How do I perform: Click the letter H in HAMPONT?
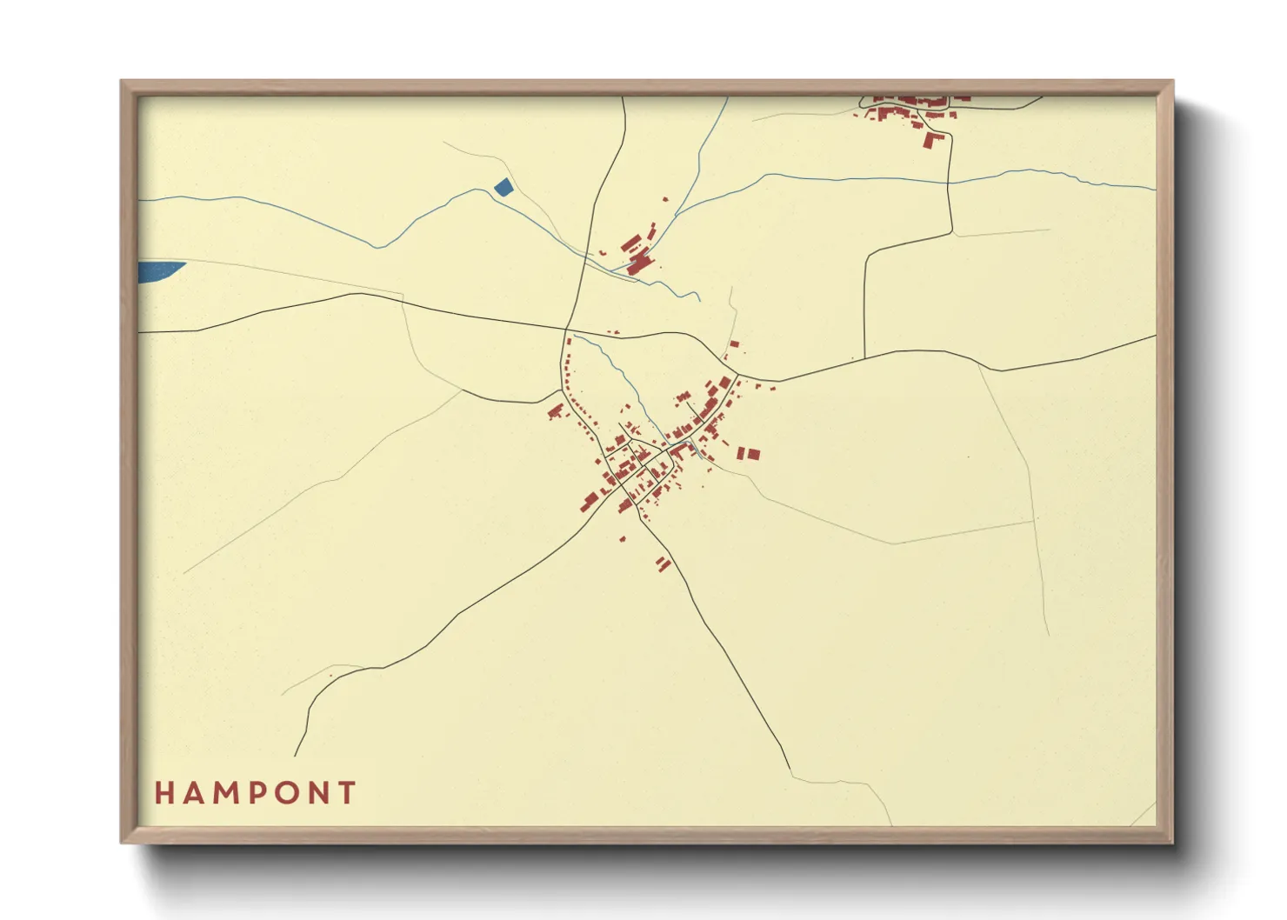pyautogui.click(x=163, y=793)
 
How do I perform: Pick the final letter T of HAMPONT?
pyautogui.click(x=348, y=793)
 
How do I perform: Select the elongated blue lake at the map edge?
pyautogui.click(x=160, y=270)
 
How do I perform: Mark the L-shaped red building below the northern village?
pyautogui.click(x=933, y=139)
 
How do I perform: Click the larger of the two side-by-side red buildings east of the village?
pyautogui.click(x=753, y=454)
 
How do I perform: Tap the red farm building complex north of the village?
pyautogui.click(x=639, y=252)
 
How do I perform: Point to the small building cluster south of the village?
pyautogui.click(x=664, y=563)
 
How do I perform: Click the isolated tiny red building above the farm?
pyautogui.click(x=666, y=200)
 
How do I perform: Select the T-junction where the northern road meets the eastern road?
pyautogui.click(x=864, y=357)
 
